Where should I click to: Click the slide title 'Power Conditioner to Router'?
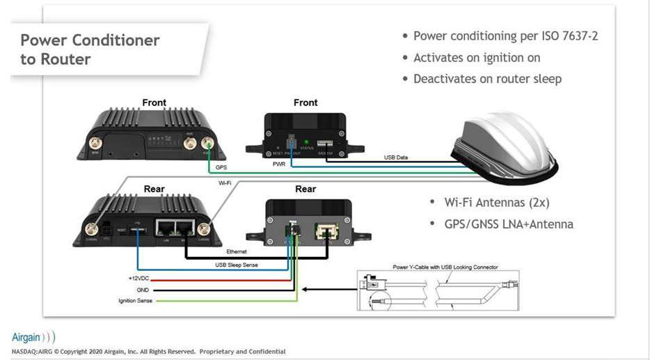(x=89, y=49)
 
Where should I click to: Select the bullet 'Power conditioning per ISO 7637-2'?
(x=505, y=36)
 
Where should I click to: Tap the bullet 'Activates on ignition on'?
(x=477, y=57)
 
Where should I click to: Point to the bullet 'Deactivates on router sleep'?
(x=487, y=79)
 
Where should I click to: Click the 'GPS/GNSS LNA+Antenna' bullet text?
(x=509, y=224)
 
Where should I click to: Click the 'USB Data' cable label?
(x=396, y=157)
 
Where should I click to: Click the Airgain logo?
(x=33, y=337)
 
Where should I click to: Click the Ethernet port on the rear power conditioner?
(x=326, y=230)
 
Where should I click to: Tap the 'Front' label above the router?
(x=154, y=102)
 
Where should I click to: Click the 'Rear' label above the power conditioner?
(x=306, y=189)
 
